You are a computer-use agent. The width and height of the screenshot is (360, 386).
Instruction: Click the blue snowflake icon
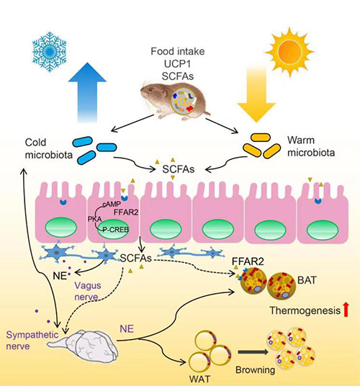click(x=50, y=52)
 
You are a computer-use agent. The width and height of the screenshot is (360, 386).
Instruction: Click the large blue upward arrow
click(x=87, y=92)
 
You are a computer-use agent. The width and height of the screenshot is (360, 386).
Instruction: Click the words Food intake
click(x=178, y=51)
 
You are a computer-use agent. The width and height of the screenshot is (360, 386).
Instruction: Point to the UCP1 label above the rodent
click(x=178, y=64)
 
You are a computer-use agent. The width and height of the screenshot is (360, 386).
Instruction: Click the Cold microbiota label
click(x=49, y=148)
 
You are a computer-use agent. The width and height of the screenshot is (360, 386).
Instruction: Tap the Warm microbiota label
click(x=311, y=146)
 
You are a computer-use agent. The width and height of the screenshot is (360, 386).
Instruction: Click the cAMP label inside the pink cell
click(x=112, y=204)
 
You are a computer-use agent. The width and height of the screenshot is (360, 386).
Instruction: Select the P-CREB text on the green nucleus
click(x=115, y=230)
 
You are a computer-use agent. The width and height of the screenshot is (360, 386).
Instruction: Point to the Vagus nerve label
click(x=88, y=291)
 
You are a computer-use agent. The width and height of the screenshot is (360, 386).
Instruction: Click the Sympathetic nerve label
click(x=32, y=341)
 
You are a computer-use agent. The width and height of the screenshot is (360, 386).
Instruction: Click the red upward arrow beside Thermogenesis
click(x=346, y=310)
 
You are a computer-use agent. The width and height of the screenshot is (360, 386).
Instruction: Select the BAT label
click(x=307, y=280)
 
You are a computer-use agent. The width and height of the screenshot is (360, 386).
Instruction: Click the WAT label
click(x=200, y=379)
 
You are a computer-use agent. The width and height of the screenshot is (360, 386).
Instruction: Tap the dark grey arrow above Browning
click(x=253, y=352)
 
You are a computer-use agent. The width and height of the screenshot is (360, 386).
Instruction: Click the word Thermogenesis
click(x=305, y=310)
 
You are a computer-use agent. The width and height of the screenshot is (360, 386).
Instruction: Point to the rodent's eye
click(x=150, y=89)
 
